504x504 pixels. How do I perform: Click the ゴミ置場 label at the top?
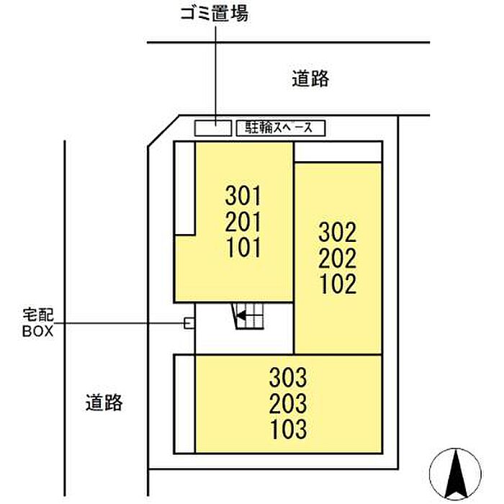point(214,13)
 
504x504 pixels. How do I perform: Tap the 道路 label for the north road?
point(310,79)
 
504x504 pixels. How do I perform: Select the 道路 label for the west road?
point(103,402)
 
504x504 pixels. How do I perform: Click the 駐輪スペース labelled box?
point(281,128)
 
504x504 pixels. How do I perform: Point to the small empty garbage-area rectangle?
point(213,127)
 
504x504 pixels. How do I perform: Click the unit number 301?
point(243,195)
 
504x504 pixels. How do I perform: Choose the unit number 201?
point(243,221)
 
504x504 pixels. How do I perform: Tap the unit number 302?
point(338,232)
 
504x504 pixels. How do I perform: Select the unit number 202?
point(338,258)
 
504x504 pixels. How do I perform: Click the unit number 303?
point(289,377)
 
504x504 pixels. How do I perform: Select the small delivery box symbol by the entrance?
point(189,323)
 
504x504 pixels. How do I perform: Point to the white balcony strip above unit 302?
point(338,152)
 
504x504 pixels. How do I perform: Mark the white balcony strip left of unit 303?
point(184,404)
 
